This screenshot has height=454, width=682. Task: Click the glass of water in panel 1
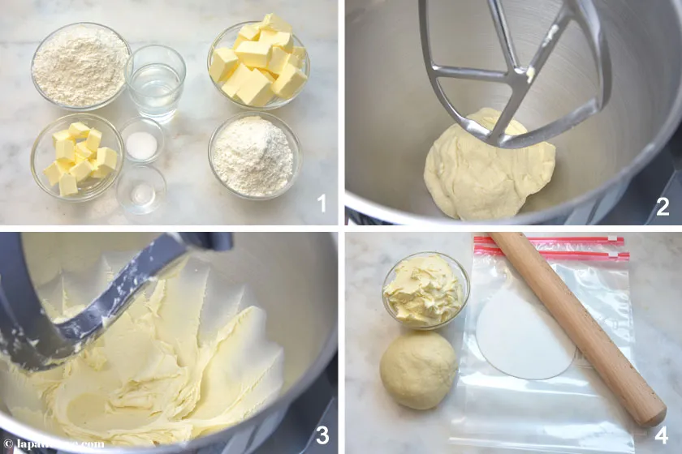coord(155,83)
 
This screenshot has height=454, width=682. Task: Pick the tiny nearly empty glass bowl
coord(141,191)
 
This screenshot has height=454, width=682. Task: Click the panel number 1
coord(322,205)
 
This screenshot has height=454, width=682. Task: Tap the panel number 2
coord(663,207)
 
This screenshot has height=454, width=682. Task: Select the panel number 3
coord(322,436)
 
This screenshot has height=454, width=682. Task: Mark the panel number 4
coord(663,436)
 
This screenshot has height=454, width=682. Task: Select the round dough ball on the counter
coord(418,370)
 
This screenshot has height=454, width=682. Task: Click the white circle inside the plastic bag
coord(523,333)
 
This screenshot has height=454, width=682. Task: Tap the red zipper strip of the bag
coord(552,248)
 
